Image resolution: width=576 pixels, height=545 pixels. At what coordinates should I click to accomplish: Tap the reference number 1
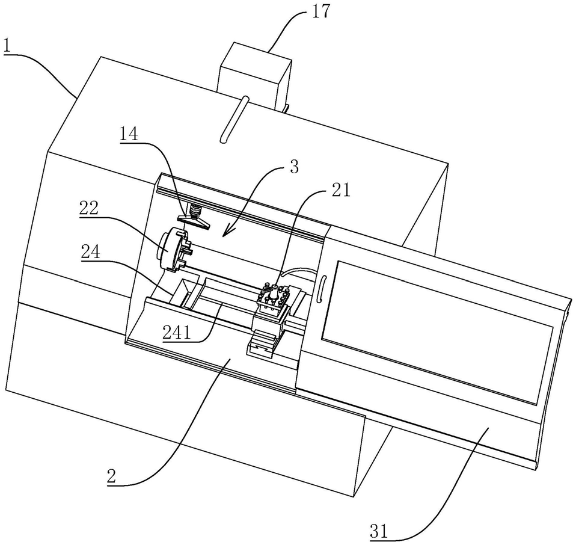coord(8,47)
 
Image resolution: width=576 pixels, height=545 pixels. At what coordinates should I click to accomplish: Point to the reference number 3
coord(294,167)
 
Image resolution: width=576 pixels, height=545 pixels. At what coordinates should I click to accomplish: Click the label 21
coord(342,191)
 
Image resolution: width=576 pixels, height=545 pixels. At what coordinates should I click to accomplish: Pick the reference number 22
coord(90,208)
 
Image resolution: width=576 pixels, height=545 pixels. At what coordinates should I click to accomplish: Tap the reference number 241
coord(178,332)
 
